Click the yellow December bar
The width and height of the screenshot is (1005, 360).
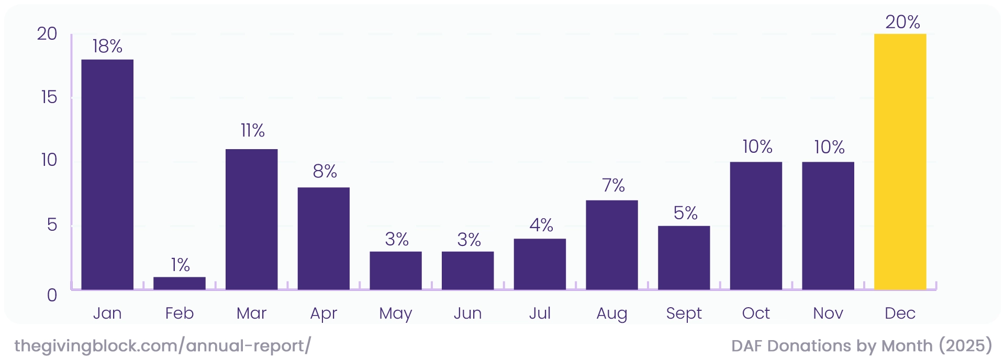[x=900, y=162]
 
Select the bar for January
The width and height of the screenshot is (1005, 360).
[x=107, y=175]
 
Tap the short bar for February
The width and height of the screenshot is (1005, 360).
[x=180, y=283]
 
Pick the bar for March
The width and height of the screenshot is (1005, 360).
[x=251, y=220]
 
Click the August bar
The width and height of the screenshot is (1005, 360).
[x=611, y=245]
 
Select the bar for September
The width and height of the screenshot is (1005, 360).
[x=684, y=258]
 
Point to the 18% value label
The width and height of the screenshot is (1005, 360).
[x=107, y=47]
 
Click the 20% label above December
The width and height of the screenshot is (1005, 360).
[x=902, y=22]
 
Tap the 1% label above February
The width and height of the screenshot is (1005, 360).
[x=180, y=265]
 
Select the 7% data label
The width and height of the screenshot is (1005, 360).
[x=613, y=185]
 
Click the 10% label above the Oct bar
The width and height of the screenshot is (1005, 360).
[x=757, y=147]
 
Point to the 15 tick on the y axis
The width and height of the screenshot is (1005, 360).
[x=49, y=97]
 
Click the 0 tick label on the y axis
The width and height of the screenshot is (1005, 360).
[x=52, y=295]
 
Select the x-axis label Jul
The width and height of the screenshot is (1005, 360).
[x=540, y=313]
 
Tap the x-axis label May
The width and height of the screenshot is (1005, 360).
[x=395, y=313]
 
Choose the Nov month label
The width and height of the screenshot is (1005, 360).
[x=828, y=313]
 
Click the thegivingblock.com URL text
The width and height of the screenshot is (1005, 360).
[x=162, y=346]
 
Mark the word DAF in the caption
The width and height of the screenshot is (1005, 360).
[x=747, y=346]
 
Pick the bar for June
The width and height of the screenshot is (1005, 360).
[x=467, y=271]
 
